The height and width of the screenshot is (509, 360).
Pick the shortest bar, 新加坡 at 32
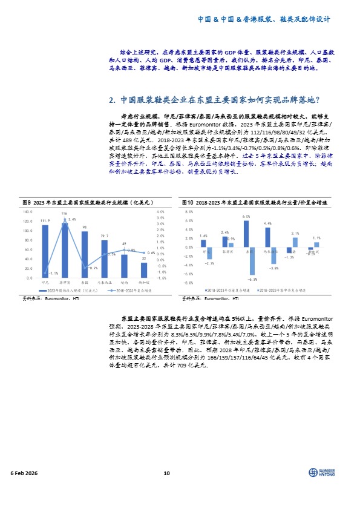[x=143, y=270]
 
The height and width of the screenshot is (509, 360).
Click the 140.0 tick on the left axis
[x=27, y=212]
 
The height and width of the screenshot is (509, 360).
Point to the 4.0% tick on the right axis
[x=161, y=212]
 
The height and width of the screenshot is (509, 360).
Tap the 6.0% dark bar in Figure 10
[x=246, y=234]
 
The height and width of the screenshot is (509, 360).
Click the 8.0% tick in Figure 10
[x=188, y=212]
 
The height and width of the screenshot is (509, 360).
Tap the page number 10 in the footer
[x=166, y=473]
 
